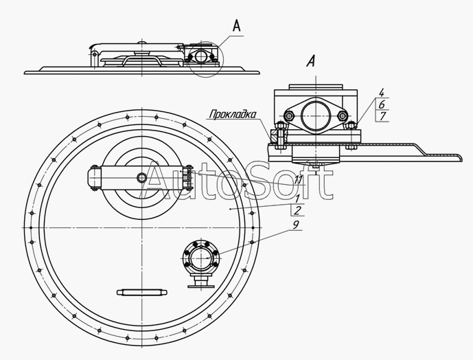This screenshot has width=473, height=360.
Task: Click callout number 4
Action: [x=381, y=92]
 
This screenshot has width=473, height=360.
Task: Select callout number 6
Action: [x=381, y=104]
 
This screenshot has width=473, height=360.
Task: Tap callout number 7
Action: [x=381, y=115]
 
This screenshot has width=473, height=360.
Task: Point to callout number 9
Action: [x=295, y=223]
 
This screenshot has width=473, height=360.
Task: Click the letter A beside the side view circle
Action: [x=237, y=26]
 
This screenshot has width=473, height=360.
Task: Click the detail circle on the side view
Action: [x=203, y=57]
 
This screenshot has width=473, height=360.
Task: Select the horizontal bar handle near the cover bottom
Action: [x=143, y=291]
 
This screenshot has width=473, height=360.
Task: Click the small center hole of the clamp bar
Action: [x=141, y=178]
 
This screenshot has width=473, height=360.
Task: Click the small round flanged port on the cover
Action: [x=201, y=259]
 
